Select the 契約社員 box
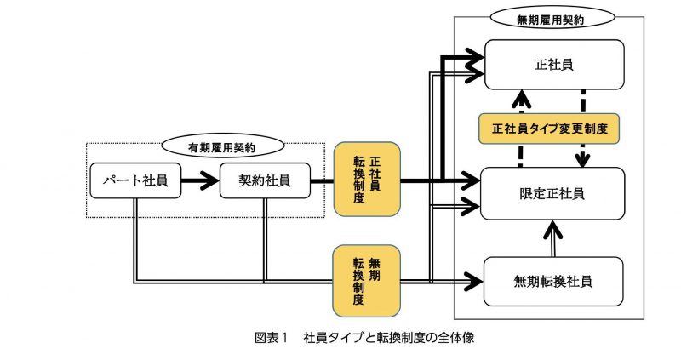(x=264, y=180)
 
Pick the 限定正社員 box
(x=552, y=193)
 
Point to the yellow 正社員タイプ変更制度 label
(x=549, y=129)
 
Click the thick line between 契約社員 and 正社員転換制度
(x=322, y=180)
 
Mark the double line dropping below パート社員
(x=134, y=238)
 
